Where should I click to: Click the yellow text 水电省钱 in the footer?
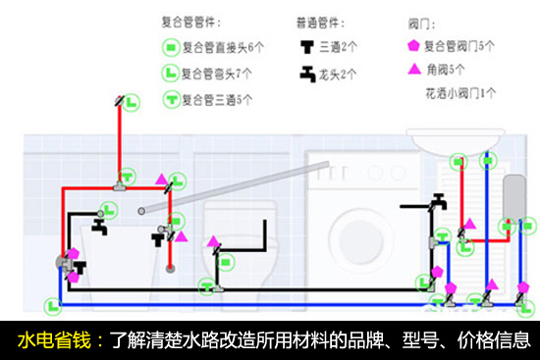pyautogui.click(x=54, y=340)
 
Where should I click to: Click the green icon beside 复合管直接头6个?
pyautogui.click(x=171, y=47)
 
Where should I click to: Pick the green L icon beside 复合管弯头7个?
pyautogui.click(x=170, y=73)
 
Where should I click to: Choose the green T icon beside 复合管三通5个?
pyautogui.click(x=171, y=99)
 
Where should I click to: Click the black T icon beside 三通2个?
pyautogui.click(x=307, y=47)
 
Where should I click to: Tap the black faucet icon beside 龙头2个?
pyautogui.click(x=307, y=74)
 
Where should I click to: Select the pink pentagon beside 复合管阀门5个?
pyautogui.click(x=413, y=45)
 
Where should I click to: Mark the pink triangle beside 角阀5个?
pyautogui.click(x=414, y=70)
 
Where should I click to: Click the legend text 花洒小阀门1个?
pyautogui.click(x=460, y=93)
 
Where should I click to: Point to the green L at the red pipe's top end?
pyautogui.click(x=132, y=102)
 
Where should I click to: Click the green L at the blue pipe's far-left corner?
pyautogui.click(x=53, y=306)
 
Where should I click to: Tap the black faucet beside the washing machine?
pyautogui.click(x=440, y=202)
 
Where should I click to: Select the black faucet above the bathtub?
pyautogui.click(x=100, y=227)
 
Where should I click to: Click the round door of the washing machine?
pyautogui.click(x=360, y=237)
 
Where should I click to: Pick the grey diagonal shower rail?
pyautogui.click(x=235, y=187)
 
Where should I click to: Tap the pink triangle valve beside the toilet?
pyautogui.click(x=213, y=241)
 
